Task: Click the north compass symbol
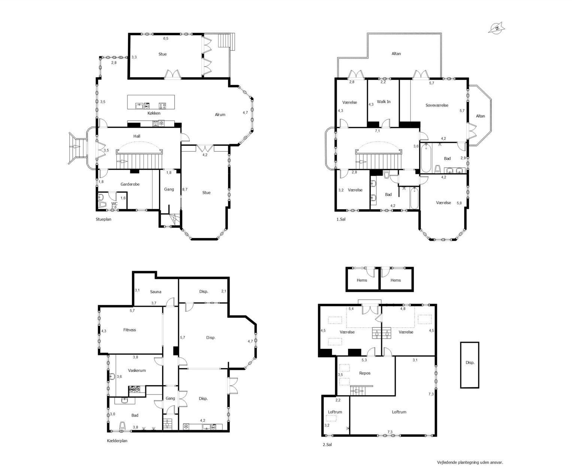(x=497, y=28)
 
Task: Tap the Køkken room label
(x=154, y=113)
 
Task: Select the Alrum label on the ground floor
(x=220, y=114)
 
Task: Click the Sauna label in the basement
(x=155, y=292)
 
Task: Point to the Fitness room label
(x=130, y=330)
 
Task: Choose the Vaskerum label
(x=137, y=370)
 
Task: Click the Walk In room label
(x=384, y=102)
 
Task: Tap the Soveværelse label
(x=437, y=105)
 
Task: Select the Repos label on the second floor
(x=364, y=373)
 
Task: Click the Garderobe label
(x=130, y=184)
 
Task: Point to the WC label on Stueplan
(x=114, y=204)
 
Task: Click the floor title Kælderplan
(x=117, y=441)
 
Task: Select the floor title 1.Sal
(x=341, y=219)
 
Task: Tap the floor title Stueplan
(x=103, y=219)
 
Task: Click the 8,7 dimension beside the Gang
(x=185, y=190)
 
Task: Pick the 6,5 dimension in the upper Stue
(x=166, y=38)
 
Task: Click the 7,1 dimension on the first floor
(x=378, y=131)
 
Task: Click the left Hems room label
(x=362, y=280)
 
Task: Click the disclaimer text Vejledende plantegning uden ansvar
(x=470, y=462)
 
